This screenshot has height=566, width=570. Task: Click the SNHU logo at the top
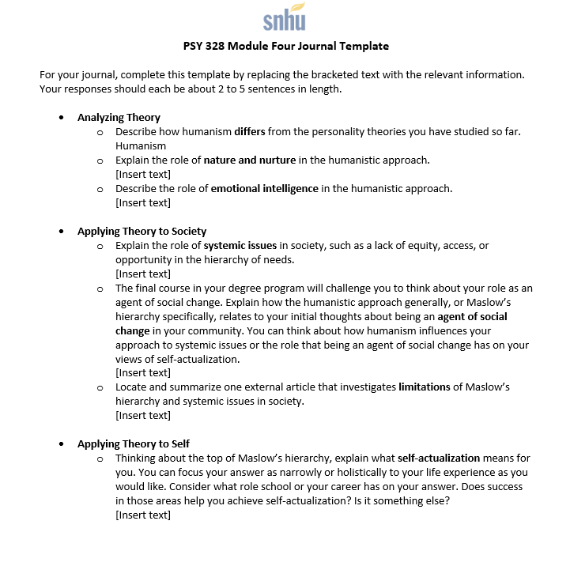pyautogui.click(x=284, y=17)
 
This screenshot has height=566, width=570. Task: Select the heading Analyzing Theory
pyautogui.click(x=119, y=117)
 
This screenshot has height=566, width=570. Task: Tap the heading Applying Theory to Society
pyautogui.click(x=142, y=231)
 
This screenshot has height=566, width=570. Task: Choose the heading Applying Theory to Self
pyautogui.click(x=133, y=443)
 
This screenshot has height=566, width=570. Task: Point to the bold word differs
pyautogui.click(x=249, y=131)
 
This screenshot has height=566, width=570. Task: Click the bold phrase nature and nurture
pyautogui.click(x=250, y=160)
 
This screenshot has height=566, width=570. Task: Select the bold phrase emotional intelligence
pyautogui.click(x=264, y=188)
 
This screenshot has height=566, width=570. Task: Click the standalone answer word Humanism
pyautogui.click(x=141, y=145)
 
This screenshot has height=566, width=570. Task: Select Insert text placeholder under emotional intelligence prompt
pyautogui.click(x=143, y=202)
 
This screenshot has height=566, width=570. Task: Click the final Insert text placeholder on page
pyautogui.click(x=143, y=515)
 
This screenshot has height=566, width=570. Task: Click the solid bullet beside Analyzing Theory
pyautogui.click(x=62, y=118)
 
